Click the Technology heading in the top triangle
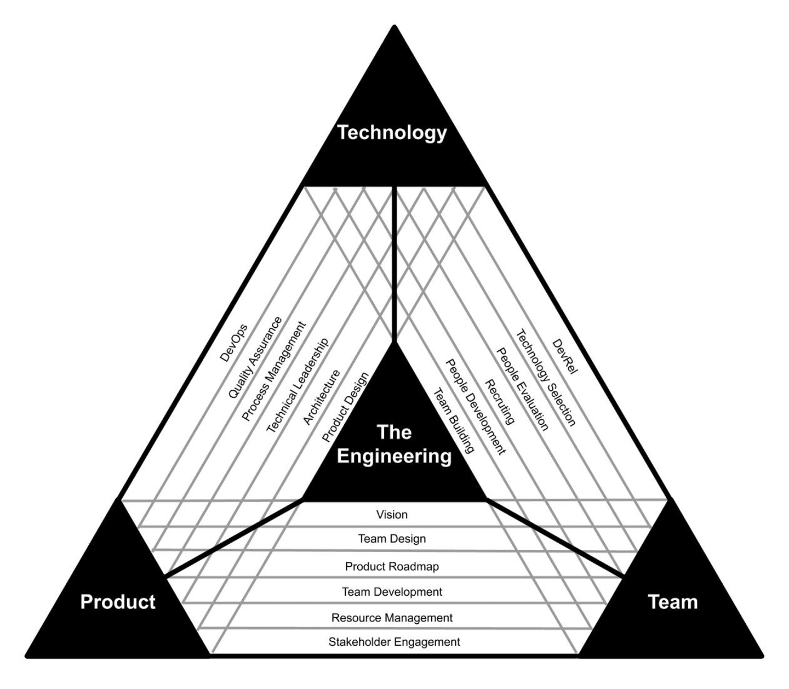[x=392, y=133]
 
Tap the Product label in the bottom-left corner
[x=118, y=602]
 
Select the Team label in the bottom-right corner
[x=673, y=602]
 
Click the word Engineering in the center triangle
[x=394, y=456]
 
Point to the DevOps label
[x=233, y=343]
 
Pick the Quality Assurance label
[x=255, y=357]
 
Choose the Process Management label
[x=274, y=371]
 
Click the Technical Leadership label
[x=298, y=385]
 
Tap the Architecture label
[x=322, y=397]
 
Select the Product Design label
[x=345, y=408]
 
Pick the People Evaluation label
[x=522, y=389]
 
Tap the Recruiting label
[x=500, y=402]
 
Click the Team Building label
[x=454, y=420]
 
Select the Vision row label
[x=392, y=515]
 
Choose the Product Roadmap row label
[x=392, y=566]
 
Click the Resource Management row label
[x=392, y=618]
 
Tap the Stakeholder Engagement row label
[x=394, y=642]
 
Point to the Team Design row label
[x=392, y=539]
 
